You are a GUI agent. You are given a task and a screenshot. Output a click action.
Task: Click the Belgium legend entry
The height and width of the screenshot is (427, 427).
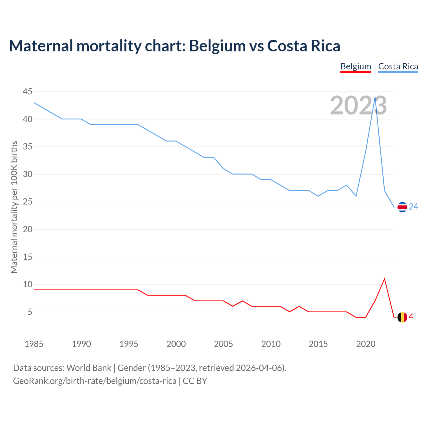(356, 66)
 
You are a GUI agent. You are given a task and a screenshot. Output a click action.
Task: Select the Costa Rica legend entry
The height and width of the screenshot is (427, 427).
(398, 66)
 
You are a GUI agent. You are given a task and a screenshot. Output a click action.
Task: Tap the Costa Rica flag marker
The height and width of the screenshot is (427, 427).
(402, 207)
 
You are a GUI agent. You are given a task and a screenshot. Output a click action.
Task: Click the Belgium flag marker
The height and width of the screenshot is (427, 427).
(402, 317)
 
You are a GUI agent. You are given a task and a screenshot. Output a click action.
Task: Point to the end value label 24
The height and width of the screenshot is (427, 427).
(413, 207)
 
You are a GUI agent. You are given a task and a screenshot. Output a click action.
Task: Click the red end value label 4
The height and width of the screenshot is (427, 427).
(411, 317)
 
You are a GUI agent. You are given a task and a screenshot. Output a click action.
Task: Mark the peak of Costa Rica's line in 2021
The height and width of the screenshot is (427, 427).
(375, 97)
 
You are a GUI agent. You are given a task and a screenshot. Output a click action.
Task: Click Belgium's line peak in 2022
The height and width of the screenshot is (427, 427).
(385, 279)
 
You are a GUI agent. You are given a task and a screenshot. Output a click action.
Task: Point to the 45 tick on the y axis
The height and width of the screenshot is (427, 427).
(28, 91)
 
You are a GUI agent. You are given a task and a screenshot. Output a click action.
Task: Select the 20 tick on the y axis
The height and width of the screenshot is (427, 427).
(28, 229)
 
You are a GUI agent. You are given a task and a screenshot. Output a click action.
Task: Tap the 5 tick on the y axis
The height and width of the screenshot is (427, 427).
(30, 312)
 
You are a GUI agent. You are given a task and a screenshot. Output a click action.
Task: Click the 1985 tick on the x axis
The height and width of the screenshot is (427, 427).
(34, 344)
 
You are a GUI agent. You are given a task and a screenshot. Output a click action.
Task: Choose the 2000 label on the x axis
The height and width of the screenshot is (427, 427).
(176, 344)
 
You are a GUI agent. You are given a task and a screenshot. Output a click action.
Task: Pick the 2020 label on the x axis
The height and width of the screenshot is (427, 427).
(366, 344)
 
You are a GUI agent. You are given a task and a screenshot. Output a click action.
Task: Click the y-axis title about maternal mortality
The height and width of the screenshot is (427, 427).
(14, 207)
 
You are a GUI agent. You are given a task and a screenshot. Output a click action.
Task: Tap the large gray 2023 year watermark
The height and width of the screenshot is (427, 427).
(358, 106)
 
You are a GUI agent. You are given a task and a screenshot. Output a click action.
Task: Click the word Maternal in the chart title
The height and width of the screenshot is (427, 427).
(41, 46)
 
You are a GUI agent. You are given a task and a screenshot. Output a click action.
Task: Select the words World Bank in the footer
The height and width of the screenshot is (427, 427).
(89, 368)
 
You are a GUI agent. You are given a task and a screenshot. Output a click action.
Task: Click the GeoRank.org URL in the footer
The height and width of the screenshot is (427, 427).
(95, 381)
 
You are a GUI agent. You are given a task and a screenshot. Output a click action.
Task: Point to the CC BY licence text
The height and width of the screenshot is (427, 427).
(195, 381)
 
